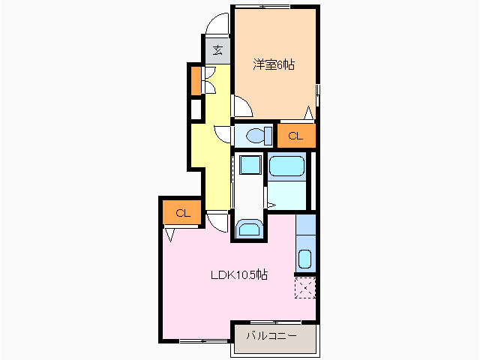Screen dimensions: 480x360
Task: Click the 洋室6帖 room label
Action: coord(274,64)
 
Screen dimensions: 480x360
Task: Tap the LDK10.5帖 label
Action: coord(239,274)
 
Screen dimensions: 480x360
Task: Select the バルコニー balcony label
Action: coord(271,336)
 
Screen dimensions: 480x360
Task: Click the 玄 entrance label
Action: coord(217,50)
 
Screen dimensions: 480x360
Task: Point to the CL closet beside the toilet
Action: coord(296,136)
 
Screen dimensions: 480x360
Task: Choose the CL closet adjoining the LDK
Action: coord(183,213)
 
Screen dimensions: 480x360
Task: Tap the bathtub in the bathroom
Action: coord(286,166)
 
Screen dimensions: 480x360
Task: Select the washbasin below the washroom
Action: coord(250,229)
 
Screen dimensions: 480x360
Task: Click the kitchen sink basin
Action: coord(304,259)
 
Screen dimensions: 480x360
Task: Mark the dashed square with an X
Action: coord(305,288)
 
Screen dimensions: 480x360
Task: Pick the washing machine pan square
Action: coord(250,165)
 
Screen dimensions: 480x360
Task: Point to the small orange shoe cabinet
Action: coord(196,80)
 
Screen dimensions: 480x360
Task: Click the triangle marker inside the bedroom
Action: coord(309,112)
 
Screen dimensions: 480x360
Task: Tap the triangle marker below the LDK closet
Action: coord(170,235)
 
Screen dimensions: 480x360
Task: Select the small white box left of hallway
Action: coord(196,109)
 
